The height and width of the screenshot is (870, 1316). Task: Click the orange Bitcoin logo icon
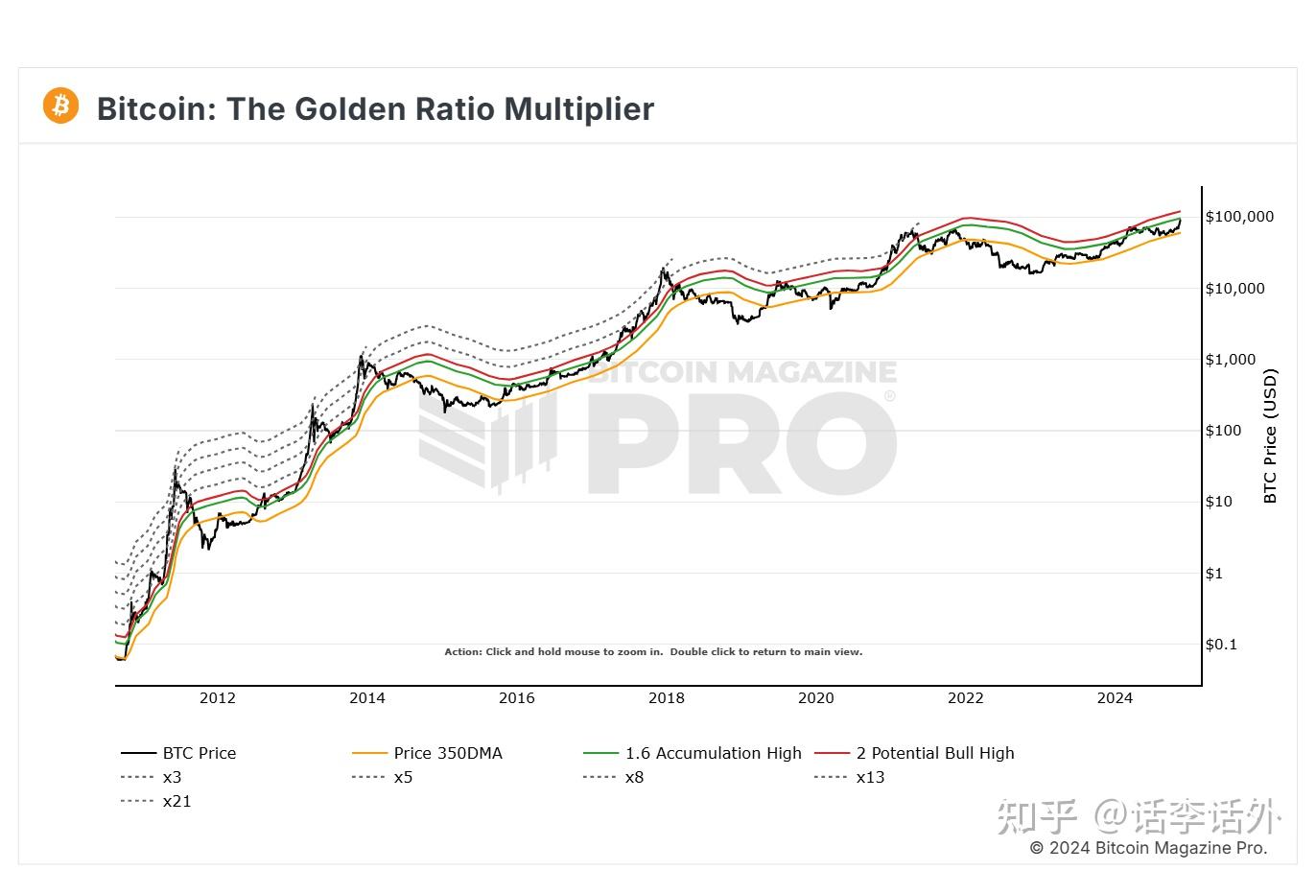(60, 106)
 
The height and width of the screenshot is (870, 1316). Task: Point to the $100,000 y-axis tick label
(1239, 217)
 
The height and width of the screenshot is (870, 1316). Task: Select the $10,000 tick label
(1234, 289)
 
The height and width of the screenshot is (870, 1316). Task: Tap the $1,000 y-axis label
(1230, 360)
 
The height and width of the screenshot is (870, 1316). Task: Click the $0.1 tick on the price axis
(1221, 645)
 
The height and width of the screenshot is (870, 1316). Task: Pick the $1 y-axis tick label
(1214, 574)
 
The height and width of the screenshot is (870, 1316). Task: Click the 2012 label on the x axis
(218, 698)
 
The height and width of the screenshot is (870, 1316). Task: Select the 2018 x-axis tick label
(667, 698)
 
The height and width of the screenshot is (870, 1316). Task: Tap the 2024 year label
(1115, 698)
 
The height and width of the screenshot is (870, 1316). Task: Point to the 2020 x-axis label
(816, 698)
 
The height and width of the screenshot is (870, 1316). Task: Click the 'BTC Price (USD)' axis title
(1271, 435)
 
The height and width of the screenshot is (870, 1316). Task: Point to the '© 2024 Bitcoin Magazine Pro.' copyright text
(1148, 848)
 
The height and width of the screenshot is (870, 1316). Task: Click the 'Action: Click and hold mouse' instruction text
(653, 652)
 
